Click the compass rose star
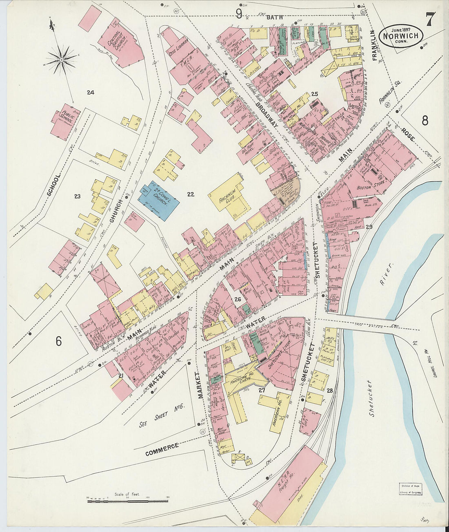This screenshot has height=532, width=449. tap(62, 60)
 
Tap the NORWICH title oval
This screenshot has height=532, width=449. tap(400, 36)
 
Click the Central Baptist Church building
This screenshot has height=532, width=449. tap(119, 43)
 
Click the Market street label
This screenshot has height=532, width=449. tap(200, 385)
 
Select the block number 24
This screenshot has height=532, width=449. tap(90, 93)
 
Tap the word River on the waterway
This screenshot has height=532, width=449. tap(385, 274)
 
